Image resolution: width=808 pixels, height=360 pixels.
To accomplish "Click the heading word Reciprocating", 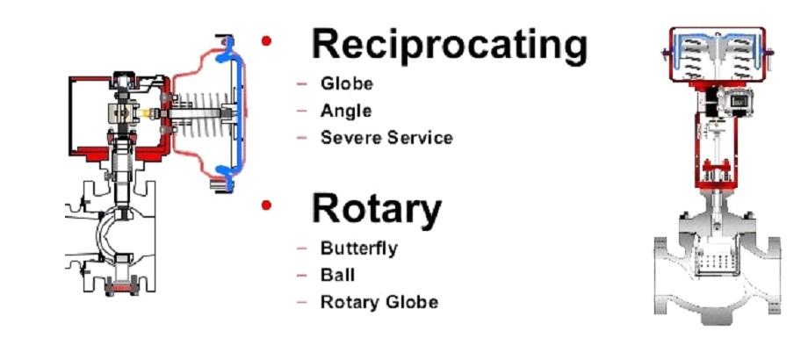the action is (x=450, y=46).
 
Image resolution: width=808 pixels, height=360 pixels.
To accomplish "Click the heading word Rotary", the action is (x=376, y=210).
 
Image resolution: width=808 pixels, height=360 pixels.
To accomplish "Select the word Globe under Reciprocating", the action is (x=346, y=83).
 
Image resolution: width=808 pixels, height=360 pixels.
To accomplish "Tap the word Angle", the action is (x=346, y=111).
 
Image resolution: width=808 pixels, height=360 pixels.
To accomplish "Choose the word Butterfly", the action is (x=358, y=248).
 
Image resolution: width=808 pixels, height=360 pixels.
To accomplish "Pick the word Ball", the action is (x=337, y=275).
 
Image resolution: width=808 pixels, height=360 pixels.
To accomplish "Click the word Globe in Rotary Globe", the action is (x=412, y=302).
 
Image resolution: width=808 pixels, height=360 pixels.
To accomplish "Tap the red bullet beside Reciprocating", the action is (x=266, y=41).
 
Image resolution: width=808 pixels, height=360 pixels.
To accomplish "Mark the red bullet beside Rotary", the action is (x=266, y=205).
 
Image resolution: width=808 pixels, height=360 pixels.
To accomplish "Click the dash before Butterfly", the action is (x=302, y=248).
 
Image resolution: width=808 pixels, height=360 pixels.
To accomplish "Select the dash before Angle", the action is (x=302, y=111).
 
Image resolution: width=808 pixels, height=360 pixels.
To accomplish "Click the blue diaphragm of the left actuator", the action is (x=235, y=113).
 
